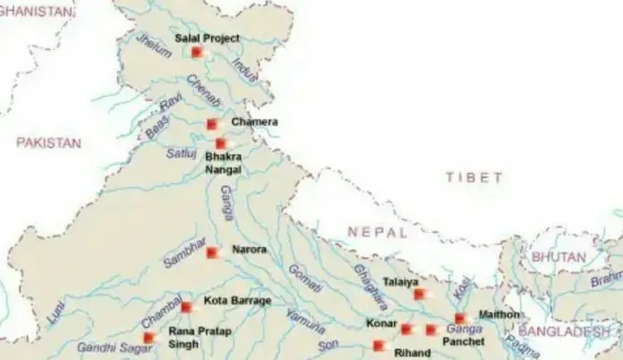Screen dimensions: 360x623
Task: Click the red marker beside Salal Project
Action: click(x=197, y=52)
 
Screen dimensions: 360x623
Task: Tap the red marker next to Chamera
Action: click(x=212, y=124)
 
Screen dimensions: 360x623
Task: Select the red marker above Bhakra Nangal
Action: click(x=221, y=143)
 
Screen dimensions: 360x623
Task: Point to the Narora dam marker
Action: click(x=212, y=253)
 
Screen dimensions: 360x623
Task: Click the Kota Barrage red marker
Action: click(x=186, y=306)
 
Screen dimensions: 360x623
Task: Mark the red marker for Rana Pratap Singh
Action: click(x=149, y=338)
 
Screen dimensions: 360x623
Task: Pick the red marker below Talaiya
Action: click(x=419, y=294)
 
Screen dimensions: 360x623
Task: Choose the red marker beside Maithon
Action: click(x=460, y=318)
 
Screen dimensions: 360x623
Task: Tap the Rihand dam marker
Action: click(x=379, y=346)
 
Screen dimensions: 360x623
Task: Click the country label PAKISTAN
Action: click(x=48, y=142)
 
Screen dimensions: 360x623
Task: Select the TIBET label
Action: click(x=474, y=178)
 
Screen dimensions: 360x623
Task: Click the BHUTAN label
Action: click(x=558, y=257)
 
